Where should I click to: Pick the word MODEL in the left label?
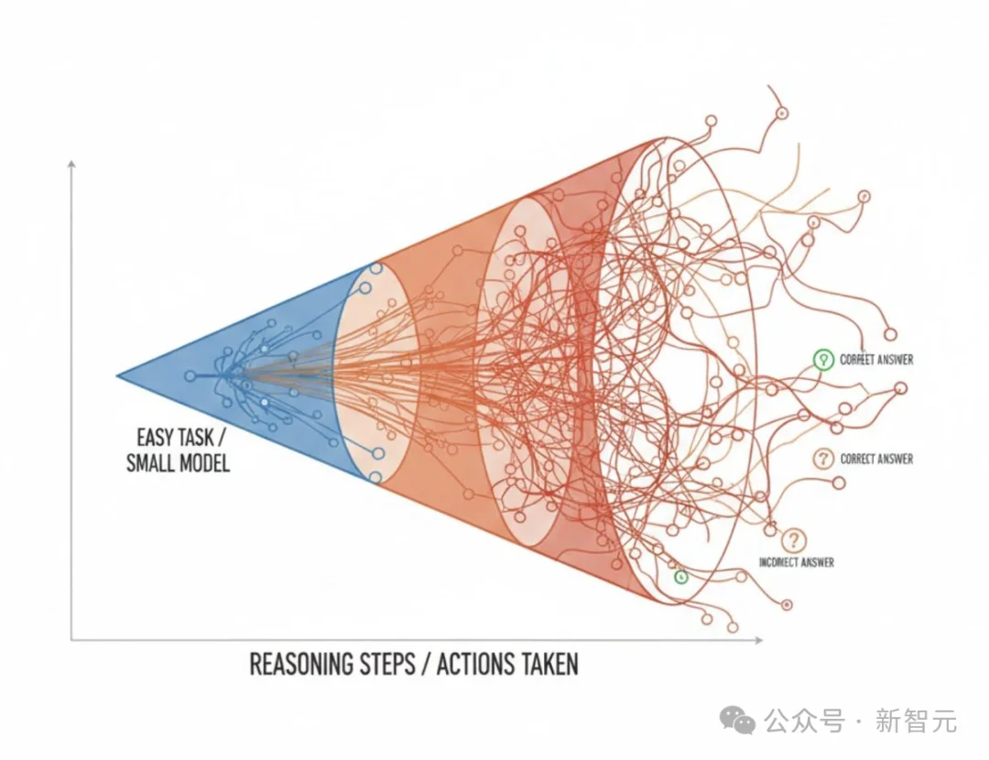[201, 462]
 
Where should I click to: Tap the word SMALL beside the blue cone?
[149, 462]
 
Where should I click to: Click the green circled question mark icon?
[821, 360]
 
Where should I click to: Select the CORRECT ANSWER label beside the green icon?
[875, 361]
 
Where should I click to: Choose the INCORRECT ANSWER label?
[796, 562]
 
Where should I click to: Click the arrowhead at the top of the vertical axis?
[71, 162]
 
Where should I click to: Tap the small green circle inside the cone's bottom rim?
[679, 577]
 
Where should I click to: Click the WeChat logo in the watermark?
[737, 721]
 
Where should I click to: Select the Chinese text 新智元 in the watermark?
[916, 722]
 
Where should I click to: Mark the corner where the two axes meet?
[71, 640]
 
